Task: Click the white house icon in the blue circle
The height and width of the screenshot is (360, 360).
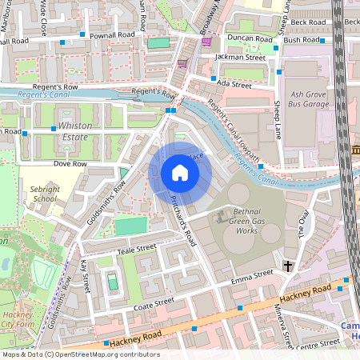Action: pyautogui.click(x=180, y=172)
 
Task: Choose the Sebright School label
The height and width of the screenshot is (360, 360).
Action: pyautogui.click(x=45, y=193)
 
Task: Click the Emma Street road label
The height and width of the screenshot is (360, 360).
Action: pyautogui.click(x=251, y=275)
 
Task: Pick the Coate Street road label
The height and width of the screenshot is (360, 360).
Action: pyautogui.click(x=154, y=302)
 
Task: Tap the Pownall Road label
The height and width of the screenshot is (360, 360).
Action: pyautogui.click(x=113, y=35)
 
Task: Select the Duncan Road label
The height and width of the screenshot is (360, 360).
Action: pyautogui.click(x=245, y=38)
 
